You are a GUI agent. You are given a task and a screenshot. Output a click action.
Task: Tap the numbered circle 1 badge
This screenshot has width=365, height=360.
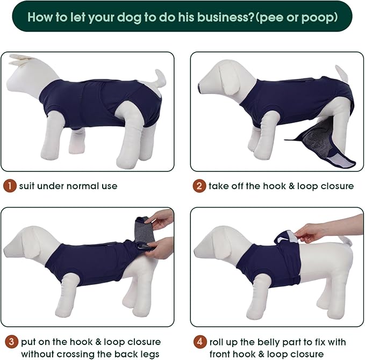[x=9, y=186]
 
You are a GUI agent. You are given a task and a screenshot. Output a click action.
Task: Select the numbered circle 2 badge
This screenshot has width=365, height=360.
[x=199, y=186]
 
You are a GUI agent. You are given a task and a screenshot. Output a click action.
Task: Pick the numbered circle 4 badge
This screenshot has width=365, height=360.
[x=199, y=342]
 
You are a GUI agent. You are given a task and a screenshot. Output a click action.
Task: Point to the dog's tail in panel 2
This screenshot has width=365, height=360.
[x=342, y=73]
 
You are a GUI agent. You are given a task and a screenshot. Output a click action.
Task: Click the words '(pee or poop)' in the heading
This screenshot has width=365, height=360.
[x=297, y=17]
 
